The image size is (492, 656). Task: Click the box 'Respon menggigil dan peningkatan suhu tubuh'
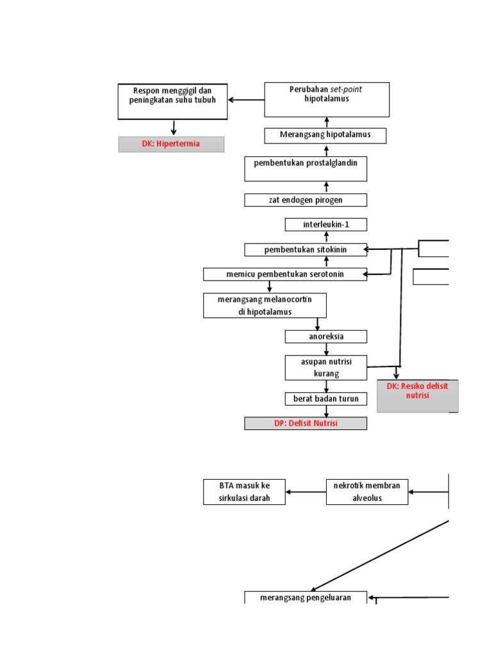172,101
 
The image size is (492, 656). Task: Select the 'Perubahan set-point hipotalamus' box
327,99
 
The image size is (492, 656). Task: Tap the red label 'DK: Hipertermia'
171,144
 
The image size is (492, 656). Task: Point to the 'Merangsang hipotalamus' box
326,135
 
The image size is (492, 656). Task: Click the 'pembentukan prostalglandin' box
306,168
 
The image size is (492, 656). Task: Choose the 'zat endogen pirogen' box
306,200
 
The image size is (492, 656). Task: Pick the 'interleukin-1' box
326,224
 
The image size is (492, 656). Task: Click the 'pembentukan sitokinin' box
306,249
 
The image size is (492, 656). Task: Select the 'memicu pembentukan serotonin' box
285,274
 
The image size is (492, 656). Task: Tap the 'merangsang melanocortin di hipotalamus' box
265,306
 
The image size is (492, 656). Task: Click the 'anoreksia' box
326,336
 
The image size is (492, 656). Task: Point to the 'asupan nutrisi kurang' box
326,368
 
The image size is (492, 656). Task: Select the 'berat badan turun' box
326,399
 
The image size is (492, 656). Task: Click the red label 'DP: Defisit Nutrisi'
306,423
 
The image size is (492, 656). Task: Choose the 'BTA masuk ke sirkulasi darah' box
244,491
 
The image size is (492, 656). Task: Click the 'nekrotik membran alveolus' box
366,491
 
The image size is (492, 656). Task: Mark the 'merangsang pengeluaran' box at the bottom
306,598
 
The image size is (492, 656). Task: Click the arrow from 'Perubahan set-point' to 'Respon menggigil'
246,100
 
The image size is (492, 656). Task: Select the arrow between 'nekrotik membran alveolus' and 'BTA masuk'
306,492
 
